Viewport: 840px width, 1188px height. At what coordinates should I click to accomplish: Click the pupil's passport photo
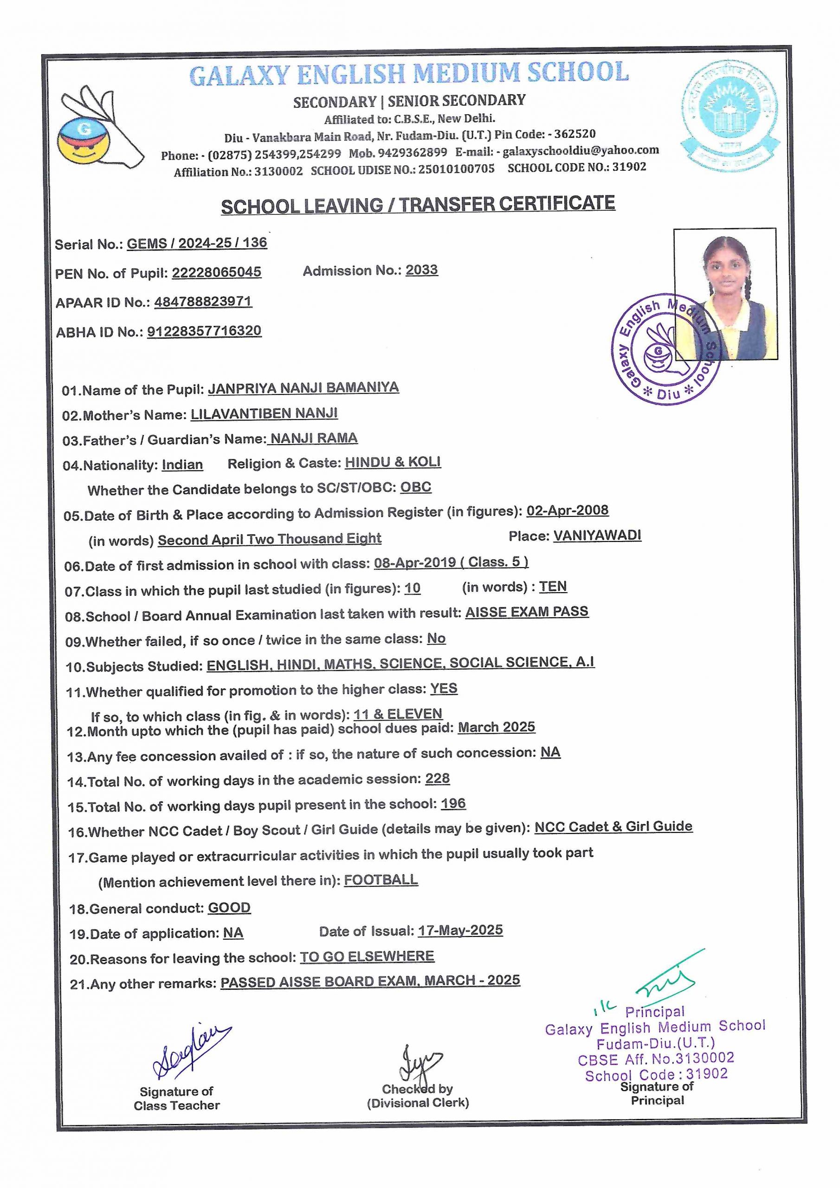click(725, 293)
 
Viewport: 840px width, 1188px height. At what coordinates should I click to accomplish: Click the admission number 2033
click(421, 270)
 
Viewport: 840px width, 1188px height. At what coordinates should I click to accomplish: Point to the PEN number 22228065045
click(216, 272)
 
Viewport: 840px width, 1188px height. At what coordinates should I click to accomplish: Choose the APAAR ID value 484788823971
click(203, 302)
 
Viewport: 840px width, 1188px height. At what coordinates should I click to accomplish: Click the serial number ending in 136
click(197, 243)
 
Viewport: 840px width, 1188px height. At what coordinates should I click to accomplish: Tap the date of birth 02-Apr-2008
click(567, 510)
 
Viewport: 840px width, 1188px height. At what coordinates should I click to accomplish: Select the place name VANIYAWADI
click(597, 536)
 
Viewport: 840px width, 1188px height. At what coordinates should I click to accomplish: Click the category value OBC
click(416, 487)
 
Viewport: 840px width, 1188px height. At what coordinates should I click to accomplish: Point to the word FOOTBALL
click(381, 879)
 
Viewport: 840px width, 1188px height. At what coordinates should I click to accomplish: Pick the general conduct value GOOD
click(229, 908)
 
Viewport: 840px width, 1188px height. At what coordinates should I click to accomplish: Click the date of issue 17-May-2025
click(460, 930)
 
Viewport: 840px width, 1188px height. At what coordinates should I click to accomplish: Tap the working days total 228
click(437, 779)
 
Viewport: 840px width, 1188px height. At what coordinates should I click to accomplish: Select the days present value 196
click(453, 804)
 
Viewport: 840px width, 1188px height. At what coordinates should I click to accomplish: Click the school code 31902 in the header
click(629, 167)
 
